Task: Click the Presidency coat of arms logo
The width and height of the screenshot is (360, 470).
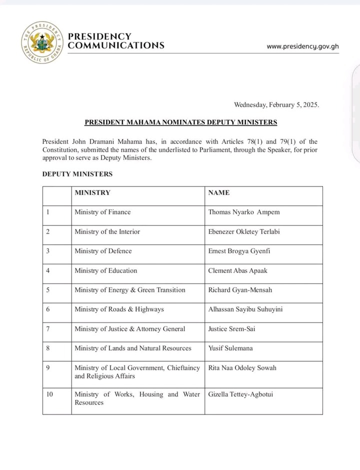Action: click(42, 42)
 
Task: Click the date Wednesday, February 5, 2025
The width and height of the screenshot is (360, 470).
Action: click(276, 105)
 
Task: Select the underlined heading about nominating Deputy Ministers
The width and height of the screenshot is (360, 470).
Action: click(180, 122)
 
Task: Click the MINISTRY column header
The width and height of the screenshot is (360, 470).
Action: click(92, 192)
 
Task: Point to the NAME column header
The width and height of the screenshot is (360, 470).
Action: click(218, 192)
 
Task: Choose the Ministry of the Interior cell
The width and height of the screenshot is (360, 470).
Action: click(107, 231)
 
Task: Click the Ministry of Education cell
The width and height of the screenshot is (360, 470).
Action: click(105, 270)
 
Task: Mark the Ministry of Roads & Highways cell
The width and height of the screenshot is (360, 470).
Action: click(119, 309)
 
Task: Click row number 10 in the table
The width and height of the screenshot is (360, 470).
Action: click(49, 394)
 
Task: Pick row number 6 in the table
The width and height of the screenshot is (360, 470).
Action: click(48, 309)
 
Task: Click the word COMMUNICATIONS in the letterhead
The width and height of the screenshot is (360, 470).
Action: click(116, 45)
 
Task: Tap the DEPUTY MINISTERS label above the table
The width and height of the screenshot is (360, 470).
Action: click(77, 174)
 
